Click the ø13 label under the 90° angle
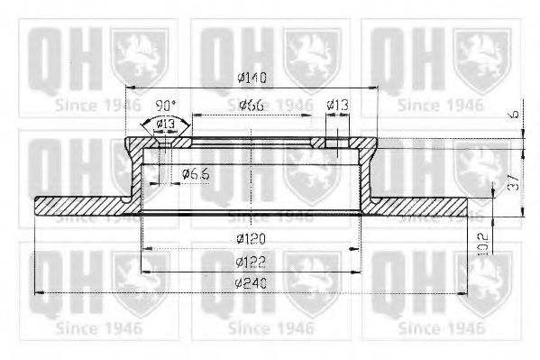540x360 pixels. [x=164, y=124]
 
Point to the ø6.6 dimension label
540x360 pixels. [x=196, y=173]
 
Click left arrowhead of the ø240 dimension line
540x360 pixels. [x=38, y=292]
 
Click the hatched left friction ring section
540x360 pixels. [x=81, y=206]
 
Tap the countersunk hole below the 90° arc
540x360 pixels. [x=164, y=141]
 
